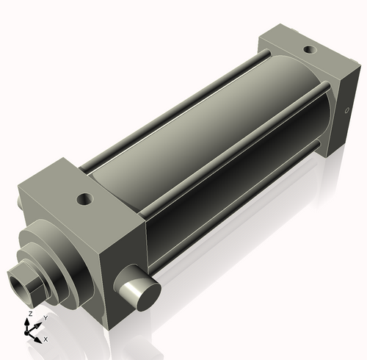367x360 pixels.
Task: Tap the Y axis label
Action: [45, 318]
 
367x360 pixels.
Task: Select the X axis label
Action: [46, 339]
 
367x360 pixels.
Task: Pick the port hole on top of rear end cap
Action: [310, 51]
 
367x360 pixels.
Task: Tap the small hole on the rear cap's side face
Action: [347, 111]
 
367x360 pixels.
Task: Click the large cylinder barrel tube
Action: [213, 132]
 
